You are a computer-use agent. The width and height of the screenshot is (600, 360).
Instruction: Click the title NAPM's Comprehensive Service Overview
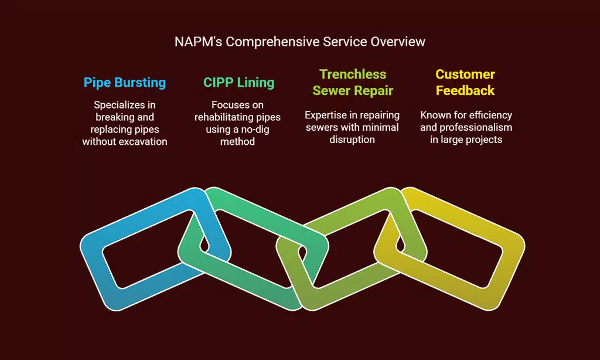[x=300, y=42]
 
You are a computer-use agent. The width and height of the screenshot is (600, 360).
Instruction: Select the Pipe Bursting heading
[x=125, y=82]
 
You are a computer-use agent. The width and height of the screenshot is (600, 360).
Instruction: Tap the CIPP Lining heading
[x=238, y=82]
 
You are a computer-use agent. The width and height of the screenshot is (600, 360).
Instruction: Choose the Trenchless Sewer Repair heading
[x=353, y=83]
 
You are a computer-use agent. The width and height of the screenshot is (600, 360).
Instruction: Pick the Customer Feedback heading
[x=465, y=83]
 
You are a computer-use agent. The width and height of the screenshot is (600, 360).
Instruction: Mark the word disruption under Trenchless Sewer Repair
[x=352, y=140]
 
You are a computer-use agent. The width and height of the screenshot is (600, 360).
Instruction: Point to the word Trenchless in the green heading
[x=353, y=74]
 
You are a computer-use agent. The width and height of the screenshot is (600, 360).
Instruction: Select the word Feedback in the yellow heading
[x=465, y=91]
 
